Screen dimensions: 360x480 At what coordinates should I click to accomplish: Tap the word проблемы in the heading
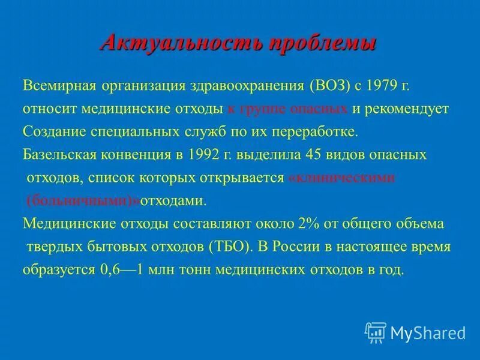pyautogui.click(x=322, y=43)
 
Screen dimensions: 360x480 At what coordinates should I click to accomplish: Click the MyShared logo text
pyautogui.click(x=428, y=332)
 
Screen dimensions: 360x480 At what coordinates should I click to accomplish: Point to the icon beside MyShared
pyautogui.click(x=376, y=332)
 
